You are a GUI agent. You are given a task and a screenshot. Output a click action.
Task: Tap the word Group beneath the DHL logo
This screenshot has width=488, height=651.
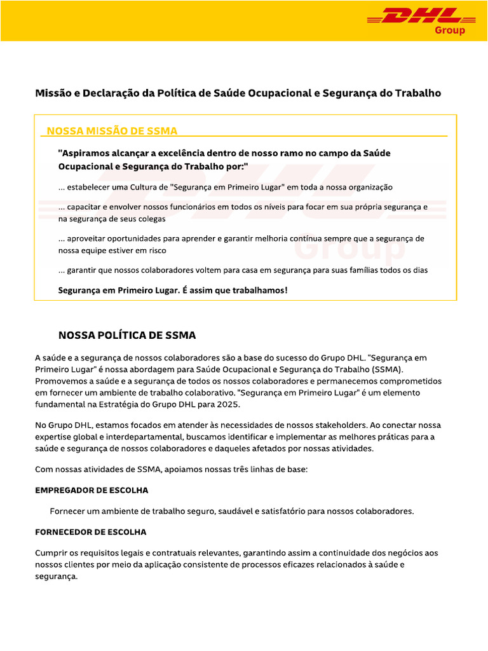click(x=449, y=31)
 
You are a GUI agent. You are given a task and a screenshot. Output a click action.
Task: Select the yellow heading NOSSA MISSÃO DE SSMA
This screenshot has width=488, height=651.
click(x=112, y=130)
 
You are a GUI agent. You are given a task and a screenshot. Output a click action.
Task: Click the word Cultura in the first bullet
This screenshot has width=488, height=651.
click(x=146, y=188)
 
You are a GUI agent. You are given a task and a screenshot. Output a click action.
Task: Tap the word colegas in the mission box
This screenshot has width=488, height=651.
click(x=151, y=219)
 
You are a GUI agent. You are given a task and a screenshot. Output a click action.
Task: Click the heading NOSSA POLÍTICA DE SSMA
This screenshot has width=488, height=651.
click(x=127, y=335)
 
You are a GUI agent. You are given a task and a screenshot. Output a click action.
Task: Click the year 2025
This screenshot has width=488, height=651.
click(x=227, y=404)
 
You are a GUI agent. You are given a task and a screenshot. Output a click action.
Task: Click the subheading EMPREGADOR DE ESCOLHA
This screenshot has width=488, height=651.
click(x=91, y=491)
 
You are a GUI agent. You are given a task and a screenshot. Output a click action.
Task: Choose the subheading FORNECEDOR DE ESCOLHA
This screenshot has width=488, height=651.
click(x=90, y=531)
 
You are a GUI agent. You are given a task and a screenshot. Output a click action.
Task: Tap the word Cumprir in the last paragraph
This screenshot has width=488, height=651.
click(x=51, y=553)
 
